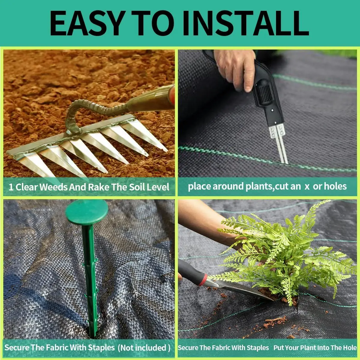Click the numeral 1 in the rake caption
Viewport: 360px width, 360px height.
(11, 187)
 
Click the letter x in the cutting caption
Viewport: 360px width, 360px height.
(307, 187)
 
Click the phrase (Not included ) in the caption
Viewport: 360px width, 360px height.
(144, 348)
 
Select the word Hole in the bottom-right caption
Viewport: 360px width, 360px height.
(348, 348)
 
